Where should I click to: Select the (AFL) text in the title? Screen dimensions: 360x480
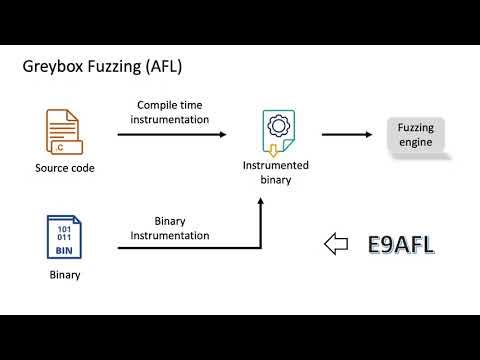tap(162, 68)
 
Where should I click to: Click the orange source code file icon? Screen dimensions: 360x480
tap(63, 133)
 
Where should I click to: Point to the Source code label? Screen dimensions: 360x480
tap(64, 168)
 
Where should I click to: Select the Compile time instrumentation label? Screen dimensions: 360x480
tap(173, 112)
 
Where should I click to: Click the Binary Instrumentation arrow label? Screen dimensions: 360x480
tap(171, 228)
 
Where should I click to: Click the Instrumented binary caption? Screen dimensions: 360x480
tap(276, 171)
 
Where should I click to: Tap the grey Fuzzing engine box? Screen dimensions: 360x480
tap(416, 136)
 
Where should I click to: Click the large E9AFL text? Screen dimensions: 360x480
tap(401, 243)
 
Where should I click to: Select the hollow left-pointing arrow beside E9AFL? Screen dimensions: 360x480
tap(338, 243)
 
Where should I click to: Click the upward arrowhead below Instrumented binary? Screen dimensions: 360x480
tap(260, 201)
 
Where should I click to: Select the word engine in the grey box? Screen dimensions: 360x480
tap(416, 143)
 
